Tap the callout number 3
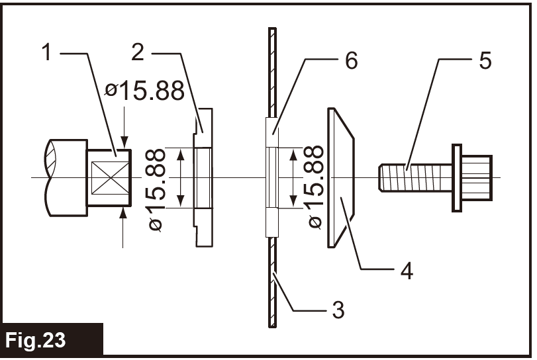tap(338, 308)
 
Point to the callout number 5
tap(485, 61)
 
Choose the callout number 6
tap(351, 61)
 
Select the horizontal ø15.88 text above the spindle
tap(144, 91)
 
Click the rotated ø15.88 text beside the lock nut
tap(316, 187)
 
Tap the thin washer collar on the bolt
tap(456, 177)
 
